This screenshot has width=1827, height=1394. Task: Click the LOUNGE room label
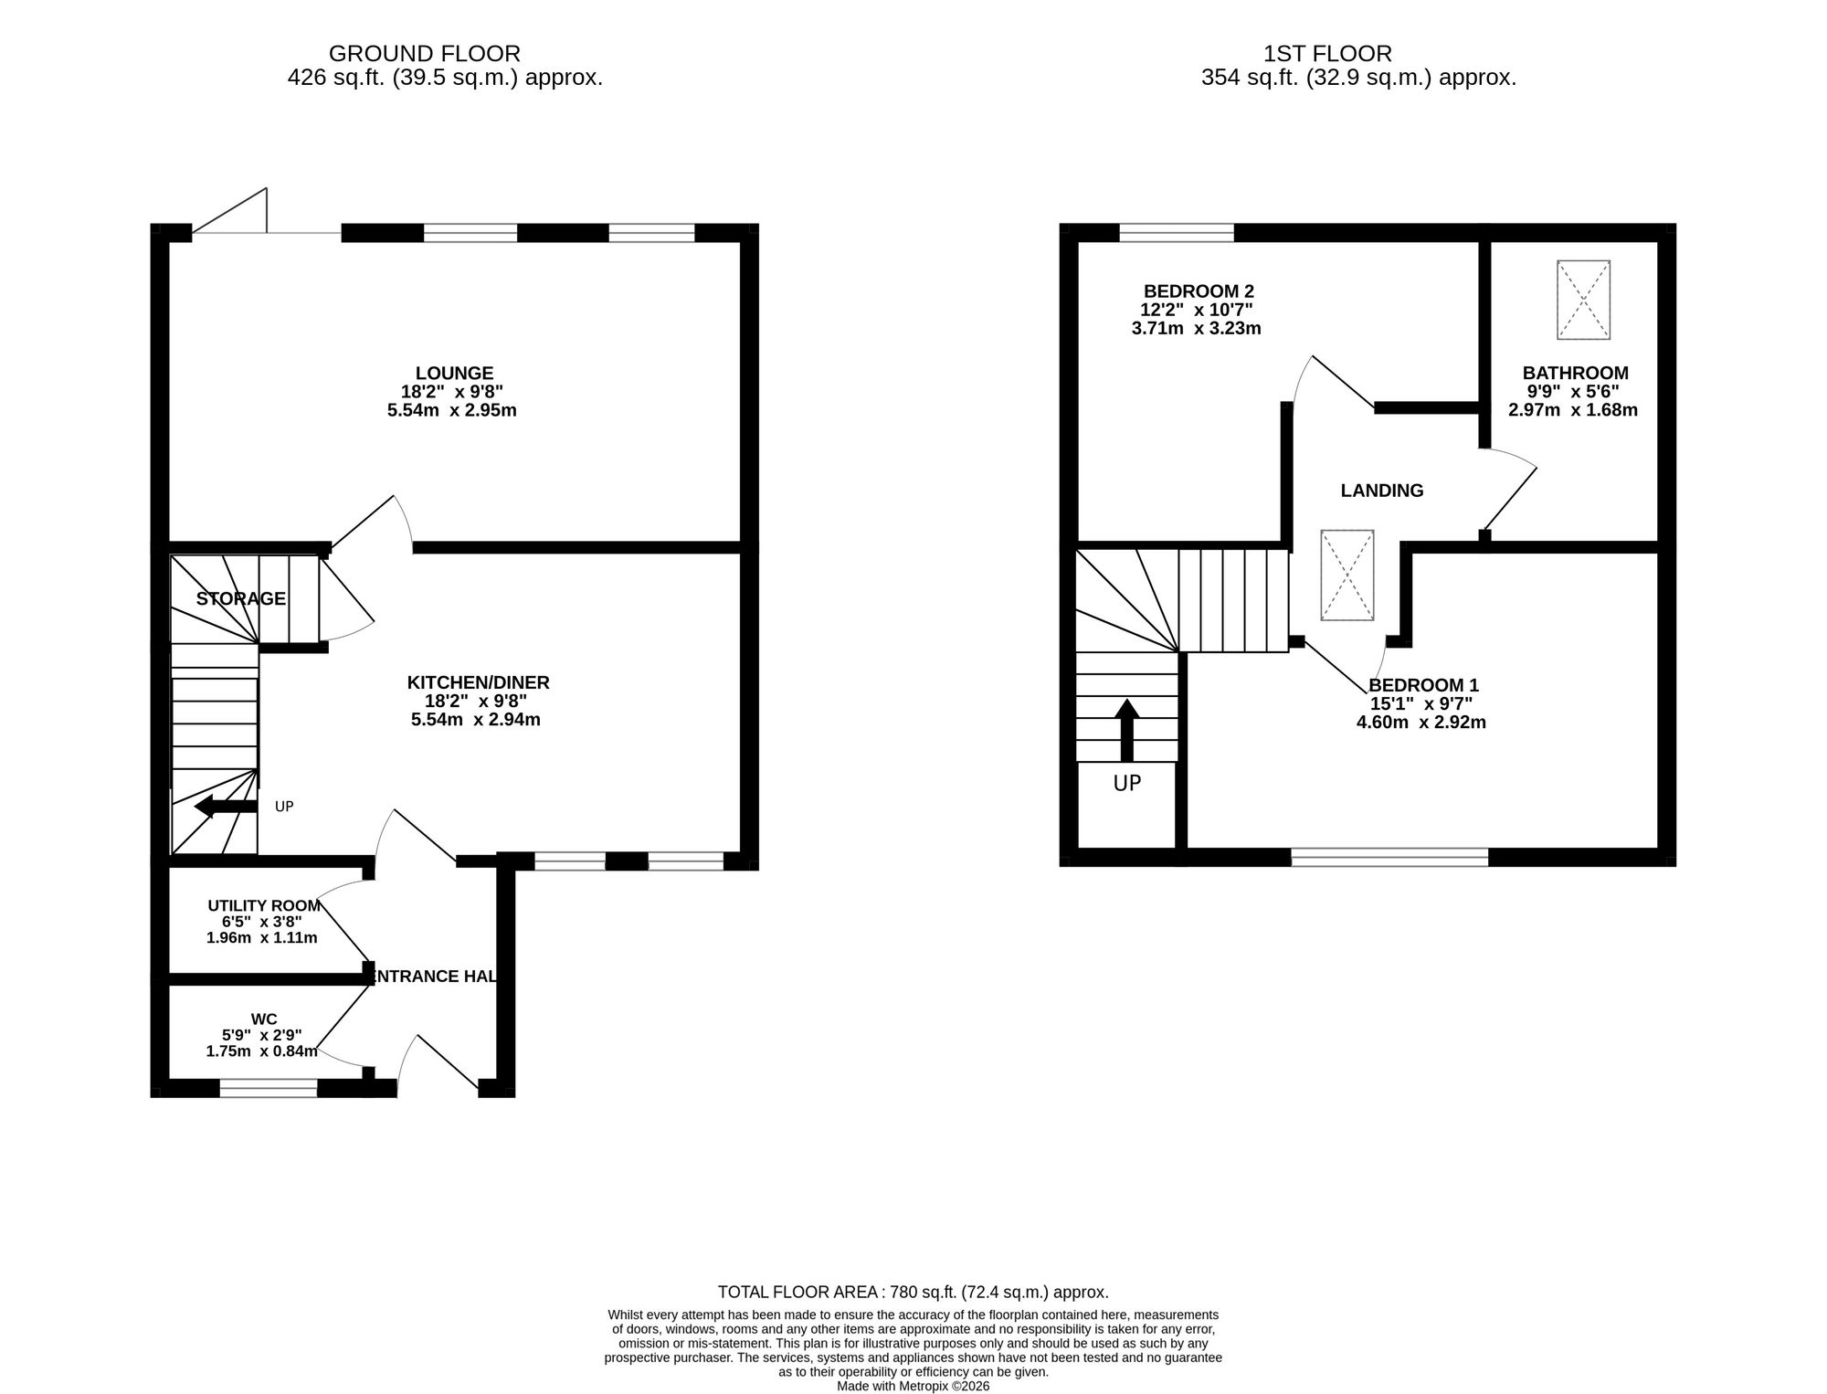[x=454, y=374]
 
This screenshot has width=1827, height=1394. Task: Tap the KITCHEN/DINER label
[x=478, y=682]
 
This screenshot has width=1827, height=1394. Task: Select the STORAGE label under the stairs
[x=241, y=599]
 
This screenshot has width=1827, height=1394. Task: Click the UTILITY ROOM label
[x=264, y=906]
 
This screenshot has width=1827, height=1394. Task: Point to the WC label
[x=264, y=1019]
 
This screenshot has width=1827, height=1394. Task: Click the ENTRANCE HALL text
[x=432, y=977]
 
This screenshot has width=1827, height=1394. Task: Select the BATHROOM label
[x=1575, y=374]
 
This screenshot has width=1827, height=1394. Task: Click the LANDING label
[x=1382, y=491]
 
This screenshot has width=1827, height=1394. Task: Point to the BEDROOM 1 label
[x=1423, y=685]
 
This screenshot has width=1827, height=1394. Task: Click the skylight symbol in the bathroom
[x=1583, y=301]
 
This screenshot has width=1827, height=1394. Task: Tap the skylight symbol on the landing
[x=1346, y=576]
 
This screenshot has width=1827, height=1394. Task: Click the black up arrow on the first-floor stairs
[x=1127, y=730]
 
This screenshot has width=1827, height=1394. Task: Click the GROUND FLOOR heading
[x=425, y=54]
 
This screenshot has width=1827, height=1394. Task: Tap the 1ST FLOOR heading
[x=1327, y=54]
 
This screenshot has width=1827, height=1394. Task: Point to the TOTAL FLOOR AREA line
[x=913, y=1293]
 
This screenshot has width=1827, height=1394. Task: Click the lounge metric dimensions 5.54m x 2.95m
[x=452, y=410]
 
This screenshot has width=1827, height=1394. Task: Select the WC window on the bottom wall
[x=269, y=1088]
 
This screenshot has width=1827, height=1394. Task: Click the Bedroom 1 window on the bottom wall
[x=1389, y=857]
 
